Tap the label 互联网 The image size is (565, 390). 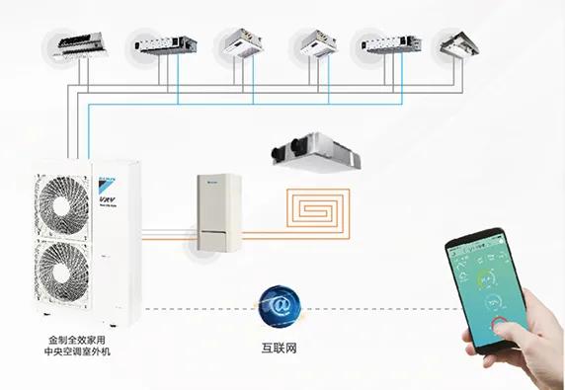(280, 348)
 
